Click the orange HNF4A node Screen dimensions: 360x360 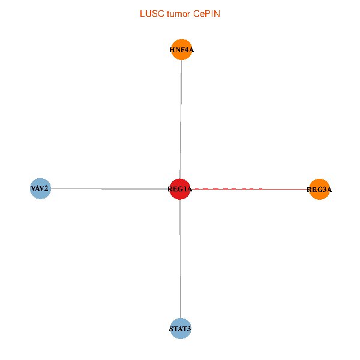tap(181, 50)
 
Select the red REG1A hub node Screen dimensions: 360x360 tap(180, 189)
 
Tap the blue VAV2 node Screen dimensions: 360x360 tap(40, 188)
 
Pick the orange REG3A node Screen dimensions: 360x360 tap(319, 190)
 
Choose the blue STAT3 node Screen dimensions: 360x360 tap(180, 328)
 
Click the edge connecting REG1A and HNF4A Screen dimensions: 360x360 tap(181, 120)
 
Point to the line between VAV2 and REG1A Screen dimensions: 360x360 tap(108, 189)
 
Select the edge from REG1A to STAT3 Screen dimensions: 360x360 tap(180, 258)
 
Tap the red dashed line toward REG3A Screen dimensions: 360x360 tap(228, 189)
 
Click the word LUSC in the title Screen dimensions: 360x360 tap(149, 13)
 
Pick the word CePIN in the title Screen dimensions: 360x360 tap(206, 13)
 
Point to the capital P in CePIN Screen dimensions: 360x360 tap(208, 13)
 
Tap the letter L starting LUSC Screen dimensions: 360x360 tap(142, 13)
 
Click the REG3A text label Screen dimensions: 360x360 tap(319, 190)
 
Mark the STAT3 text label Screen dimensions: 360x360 tap(180, 329)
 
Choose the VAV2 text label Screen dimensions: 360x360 tap(40, 189)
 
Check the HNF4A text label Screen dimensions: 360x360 tap(181, 50)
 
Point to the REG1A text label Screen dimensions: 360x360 tap(180, 190)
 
